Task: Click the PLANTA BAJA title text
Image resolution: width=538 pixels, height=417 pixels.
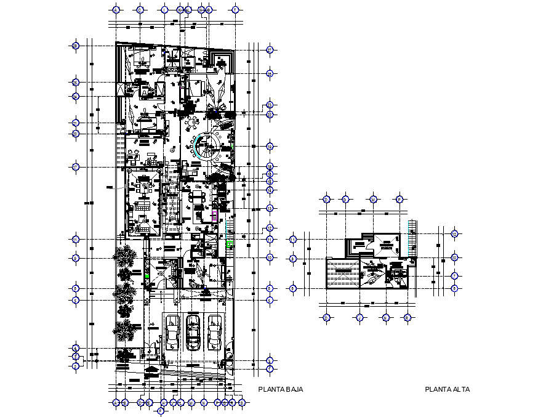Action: [280, 389]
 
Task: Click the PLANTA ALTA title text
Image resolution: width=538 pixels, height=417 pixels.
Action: [448, 389]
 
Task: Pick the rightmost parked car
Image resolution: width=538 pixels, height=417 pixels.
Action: [214, 333]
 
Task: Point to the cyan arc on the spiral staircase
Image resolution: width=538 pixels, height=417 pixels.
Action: [196, 147]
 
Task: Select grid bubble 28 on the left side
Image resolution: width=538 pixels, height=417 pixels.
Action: [76, 46]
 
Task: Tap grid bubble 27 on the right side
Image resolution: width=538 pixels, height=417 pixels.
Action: [270, 50]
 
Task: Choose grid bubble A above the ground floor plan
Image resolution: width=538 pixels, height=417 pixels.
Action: [115, 10]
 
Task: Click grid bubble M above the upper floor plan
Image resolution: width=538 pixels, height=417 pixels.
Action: [373, 199]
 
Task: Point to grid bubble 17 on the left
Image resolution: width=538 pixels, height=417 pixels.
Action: [76, 167]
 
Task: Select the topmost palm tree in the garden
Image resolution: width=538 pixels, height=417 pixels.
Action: [126, 254]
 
